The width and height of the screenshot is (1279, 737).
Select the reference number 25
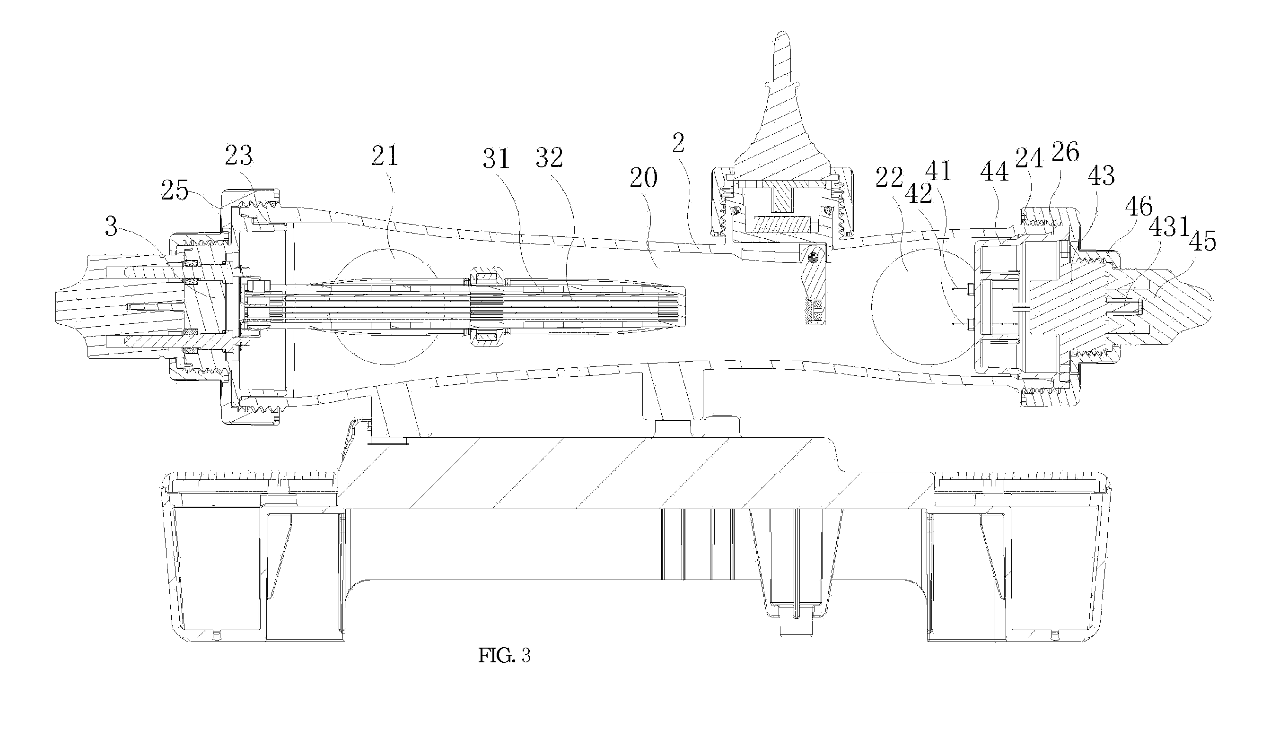click(x=175, y=191)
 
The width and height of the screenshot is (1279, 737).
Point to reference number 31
click(x=496, y=158)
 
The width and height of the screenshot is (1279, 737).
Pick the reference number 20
click(x=644, y=179)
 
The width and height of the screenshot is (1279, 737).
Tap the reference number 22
click(x=890, y=177)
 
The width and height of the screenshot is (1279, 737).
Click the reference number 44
click(x=994, y=173)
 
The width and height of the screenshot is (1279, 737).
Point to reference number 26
click(x=1065, y=151)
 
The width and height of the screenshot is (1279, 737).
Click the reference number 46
click(x=1139, y=207)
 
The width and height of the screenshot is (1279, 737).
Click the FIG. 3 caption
click(x=504, y=656)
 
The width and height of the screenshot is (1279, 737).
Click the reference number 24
click(x=1030, y=158)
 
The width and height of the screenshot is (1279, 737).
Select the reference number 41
click(x=938, y=171)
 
